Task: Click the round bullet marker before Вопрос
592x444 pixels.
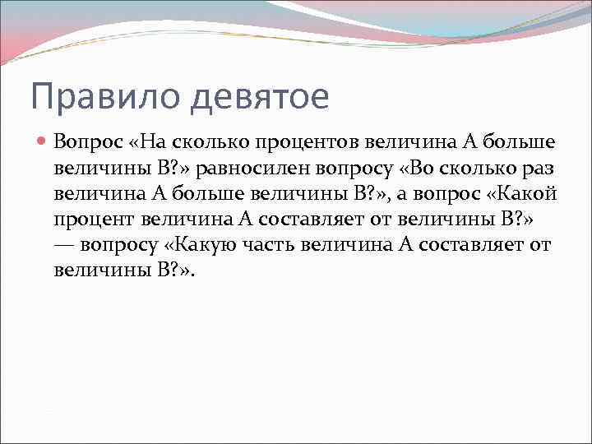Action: coord(44,141)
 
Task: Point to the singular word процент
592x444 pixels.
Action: coord(95,220)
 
